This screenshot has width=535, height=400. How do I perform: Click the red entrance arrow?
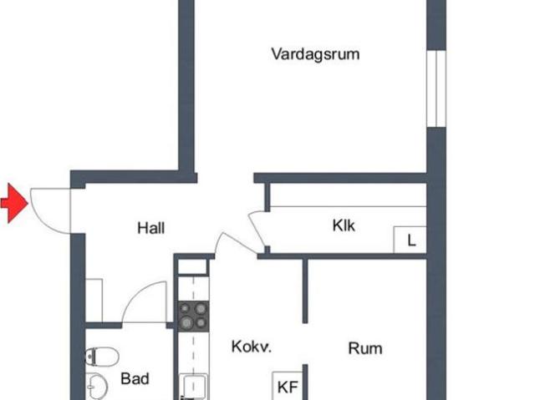[x=14, y=203]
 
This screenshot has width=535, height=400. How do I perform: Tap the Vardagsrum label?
[x=315, y=54]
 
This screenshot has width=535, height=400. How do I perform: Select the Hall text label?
[x=150, y=228]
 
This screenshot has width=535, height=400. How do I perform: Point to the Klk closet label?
[x=344, y=225]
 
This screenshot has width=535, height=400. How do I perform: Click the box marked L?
[x=410, y=240]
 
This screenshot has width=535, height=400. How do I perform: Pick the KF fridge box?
[x=288, y=386]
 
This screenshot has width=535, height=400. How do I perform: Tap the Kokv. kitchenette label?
[x=252, y=347]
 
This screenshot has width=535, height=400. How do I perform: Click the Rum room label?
[x=365, y=348]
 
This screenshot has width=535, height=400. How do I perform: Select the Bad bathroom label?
[x=135, y=379]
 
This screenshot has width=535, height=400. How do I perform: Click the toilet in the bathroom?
[x=101, y=357]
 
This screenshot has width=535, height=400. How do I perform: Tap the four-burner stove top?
[x=193, y=316]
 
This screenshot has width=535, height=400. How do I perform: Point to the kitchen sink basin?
[x=193, y=387]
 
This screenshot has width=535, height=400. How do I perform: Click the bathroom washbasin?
[x=96, y=387]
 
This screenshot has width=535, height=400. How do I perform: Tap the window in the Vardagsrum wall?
[x=436, y=89]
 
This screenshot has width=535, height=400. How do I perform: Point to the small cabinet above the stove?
[x=193, y=266]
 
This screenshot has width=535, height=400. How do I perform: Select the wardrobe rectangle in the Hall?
[x=94, y=301]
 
